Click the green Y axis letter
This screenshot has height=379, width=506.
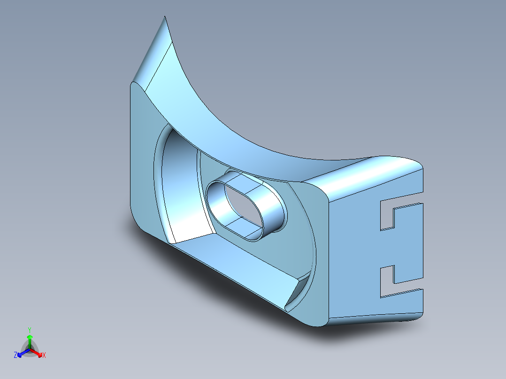coord(30,330)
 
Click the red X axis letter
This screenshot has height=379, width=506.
coord(44,355)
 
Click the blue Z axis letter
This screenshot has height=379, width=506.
coord(15,355)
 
